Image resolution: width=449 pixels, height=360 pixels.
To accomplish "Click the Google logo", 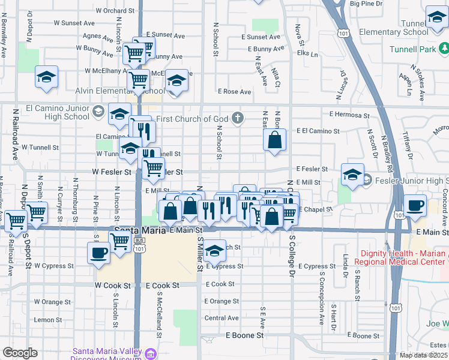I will tap(20, 353).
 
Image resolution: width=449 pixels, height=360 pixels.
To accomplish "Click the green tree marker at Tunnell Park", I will tap(444, 48).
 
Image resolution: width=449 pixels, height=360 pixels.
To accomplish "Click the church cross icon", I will tap(238, 117).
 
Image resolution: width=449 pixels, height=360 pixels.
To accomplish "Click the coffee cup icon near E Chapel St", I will tap(415, 206).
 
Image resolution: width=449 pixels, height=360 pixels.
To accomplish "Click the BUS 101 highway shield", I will tap(139, 247).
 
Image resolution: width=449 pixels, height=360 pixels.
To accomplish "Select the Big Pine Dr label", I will tap(366, 4).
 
